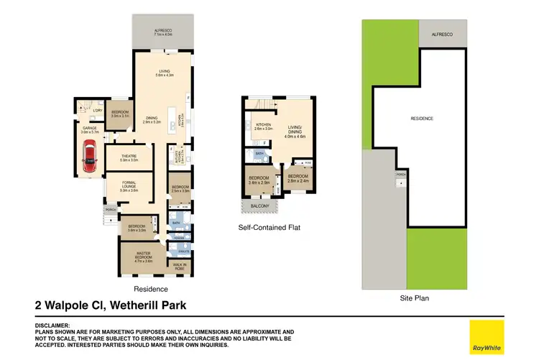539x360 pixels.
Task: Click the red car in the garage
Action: coord(90,154)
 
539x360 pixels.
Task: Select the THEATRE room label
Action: coord(129,157)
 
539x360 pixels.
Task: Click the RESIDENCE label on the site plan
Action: coord(422,118)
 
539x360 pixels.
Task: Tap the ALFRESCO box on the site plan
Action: coord(443,33)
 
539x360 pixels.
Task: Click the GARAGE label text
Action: coord(88,129)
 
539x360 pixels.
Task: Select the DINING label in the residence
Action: coord(149,119)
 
